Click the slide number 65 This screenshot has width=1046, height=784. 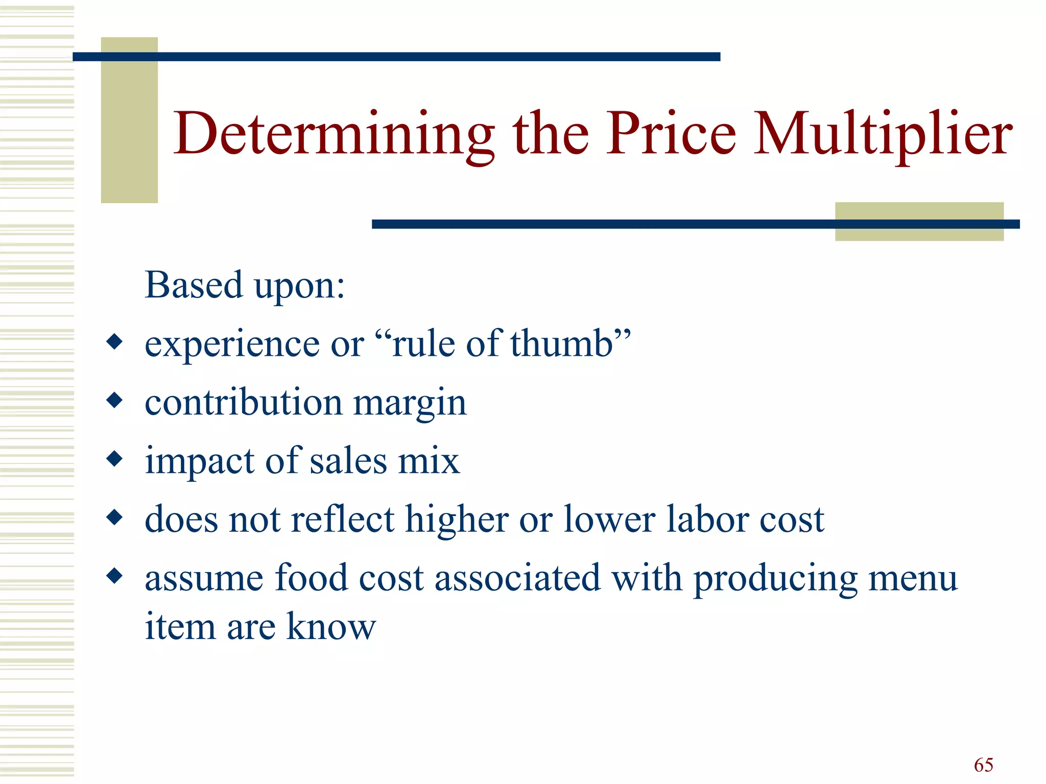983,765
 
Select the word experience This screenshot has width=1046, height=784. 232,345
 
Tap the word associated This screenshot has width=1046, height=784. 517,578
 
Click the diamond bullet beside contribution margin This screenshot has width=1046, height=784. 115,400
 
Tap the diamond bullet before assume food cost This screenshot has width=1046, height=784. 115,576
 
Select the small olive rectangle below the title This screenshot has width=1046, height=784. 919,222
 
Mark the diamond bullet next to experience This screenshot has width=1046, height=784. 115,341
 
